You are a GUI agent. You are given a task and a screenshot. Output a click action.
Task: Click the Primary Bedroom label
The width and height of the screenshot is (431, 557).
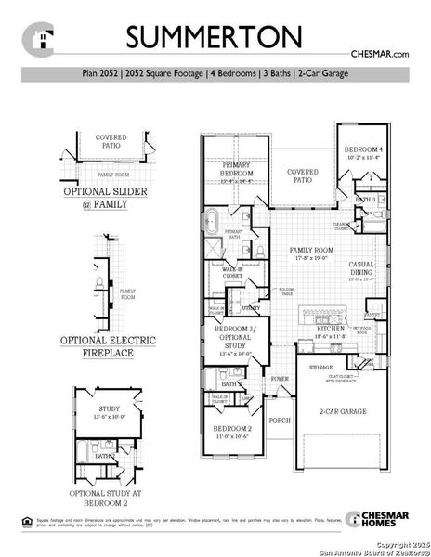(235, 169)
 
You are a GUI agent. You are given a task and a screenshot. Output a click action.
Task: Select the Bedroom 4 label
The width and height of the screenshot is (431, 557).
(362, 150)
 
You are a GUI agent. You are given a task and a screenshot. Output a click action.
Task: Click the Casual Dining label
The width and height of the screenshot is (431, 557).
(361, 266)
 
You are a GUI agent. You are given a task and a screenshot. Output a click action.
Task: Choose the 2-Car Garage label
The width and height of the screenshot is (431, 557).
(342, 410)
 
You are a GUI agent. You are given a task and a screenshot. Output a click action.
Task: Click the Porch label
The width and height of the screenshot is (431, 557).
(280, 419)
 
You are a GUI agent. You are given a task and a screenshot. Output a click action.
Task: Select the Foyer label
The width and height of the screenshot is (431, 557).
(280, 379)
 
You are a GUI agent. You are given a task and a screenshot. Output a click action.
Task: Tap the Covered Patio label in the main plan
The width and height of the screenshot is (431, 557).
(303, 173)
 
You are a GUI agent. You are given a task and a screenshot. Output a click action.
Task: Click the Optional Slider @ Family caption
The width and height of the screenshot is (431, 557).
(99, 196)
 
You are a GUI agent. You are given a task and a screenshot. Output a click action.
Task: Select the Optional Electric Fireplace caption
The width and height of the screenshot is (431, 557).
(99, 347)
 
